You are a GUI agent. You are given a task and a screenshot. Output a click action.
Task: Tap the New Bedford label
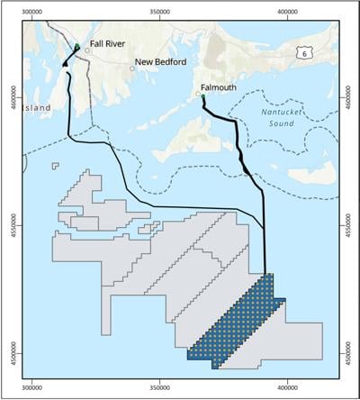click(159, 63)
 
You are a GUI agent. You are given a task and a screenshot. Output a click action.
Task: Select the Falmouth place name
click(215, 89)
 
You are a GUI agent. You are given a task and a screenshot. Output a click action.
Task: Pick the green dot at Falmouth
click(203, 96)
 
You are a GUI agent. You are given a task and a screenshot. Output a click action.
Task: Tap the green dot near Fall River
click(77, 46)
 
